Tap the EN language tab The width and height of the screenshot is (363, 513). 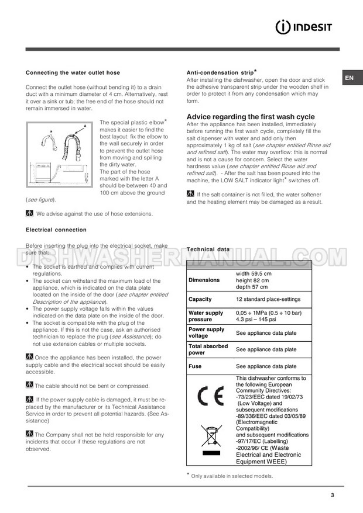click(348, 78)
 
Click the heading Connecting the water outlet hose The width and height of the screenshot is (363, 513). click(73, 73)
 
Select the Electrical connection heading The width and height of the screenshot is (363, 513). click(56, 230)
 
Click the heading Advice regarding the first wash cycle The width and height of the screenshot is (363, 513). click(250, 117)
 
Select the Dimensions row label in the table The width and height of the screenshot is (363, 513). click(204, 280)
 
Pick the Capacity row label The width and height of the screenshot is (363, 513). click(200, 299)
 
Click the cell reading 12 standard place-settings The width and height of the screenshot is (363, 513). click(268, 299)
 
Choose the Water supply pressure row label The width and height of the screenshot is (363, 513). click(206, 316)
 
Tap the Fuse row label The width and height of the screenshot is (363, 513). click(195, 366)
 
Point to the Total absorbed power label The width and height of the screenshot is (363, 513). click(208, 349)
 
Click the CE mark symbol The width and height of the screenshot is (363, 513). click(209, 397)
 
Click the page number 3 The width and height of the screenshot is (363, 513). click(332, 495)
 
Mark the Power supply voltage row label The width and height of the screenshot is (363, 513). click(206, 332)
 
